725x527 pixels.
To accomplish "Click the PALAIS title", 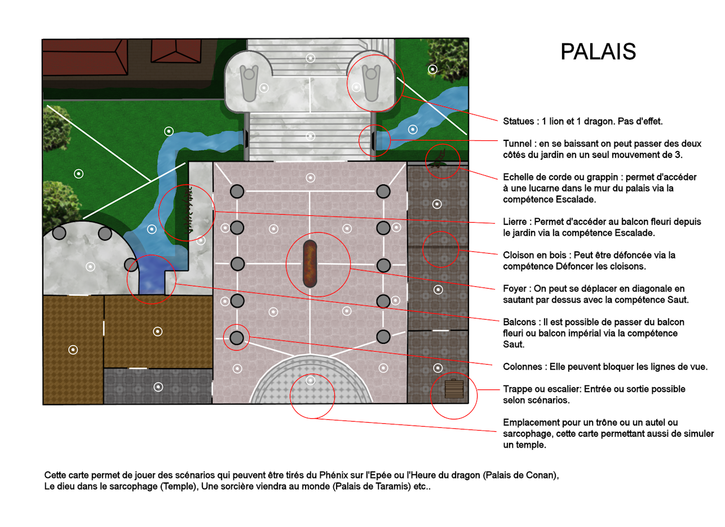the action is tap(598, 51).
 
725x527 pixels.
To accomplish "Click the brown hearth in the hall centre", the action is tap(310, 264).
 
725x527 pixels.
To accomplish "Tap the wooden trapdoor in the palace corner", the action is tap(454, 388).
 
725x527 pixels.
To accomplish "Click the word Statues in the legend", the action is tap(518, 121).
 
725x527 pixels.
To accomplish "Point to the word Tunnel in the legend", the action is tap(517, 144).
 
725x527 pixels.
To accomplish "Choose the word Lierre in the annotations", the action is tap(516, 222).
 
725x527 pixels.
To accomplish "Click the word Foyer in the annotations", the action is tap(515, 289).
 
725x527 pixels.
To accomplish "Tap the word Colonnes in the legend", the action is tap(522, 366).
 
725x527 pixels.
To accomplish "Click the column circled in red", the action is tap(237, 338).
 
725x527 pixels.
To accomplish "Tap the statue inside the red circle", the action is tap(371, 83).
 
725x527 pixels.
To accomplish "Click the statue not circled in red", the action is tap(249, 83).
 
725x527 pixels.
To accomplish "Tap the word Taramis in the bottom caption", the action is tap(394, 486).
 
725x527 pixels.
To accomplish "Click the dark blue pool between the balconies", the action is tap(152, 274).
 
